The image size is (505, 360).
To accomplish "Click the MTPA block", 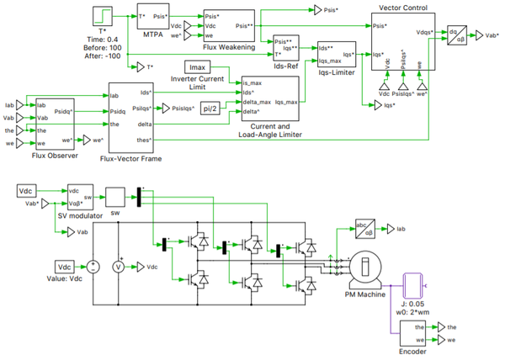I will tap(152, 18).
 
